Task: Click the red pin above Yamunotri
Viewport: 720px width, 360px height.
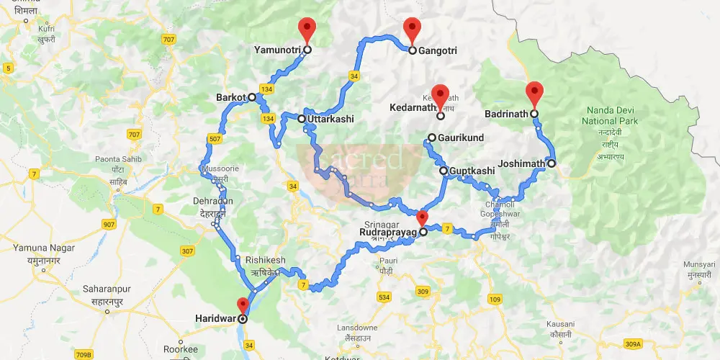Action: pyautogui.click(x=307, y=29)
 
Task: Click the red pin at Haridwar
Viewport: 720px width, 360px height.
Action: pyautogui.click(x=243, y=305)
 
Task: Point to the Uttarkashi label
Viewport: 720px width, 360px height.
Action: pyautogui.click(x=330, y=119)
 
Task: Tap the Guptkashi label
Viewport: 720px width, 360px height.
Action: pyautogui.click(x=472, y=171)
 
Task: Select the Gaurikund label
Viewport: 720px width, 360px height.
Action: pyautogui.click(x=461, y=138)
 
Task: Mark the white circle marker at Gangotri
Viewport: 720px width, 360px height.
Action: pyautogui.click(x=413, y=51)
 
